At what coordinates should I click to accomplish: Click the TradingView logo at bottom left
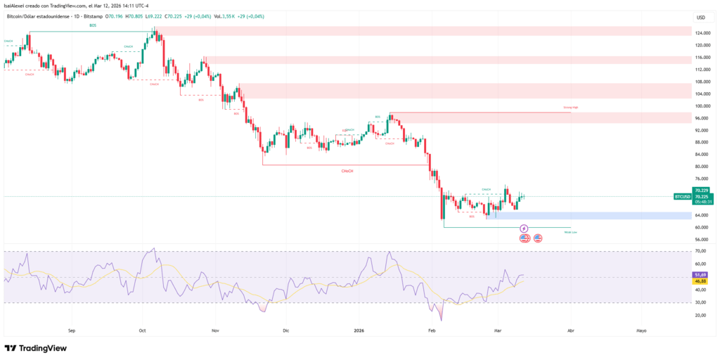(35, 348)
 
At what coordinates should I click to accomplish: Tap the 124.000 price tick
(702, 33)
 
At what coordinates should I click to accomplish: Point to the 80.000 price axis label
(701, 167)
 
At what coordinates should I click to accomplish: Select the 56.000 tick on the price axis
(701, 239)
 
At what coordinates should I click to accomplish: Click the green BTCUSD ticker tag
(682, 197)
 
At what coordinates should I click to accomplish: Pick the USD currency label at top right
(700, 17)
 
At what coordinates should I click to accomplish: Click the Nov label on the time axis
(215, 329)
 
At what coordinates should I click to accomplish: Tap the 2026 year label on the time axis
(359, 329)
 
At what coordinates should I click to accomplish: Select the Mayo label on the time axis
(641, 329)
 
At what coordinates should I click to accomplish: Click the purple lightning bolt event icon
(524, 229)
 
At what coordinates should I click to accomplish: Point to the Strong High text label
(570, 108)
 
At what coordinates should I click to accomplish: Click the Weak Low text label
(570, 231)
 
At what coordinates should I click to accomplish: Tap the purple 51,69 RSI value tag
(700, 274)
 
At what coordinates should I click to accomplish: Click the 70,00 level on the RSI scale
(700, 251)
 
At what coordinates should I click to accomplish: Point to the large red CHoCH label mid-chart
(347, 171)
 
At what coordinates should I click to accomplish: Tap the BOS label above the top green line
(93, 25)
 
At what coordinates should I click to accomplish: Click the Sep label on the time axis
(71, 329)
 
